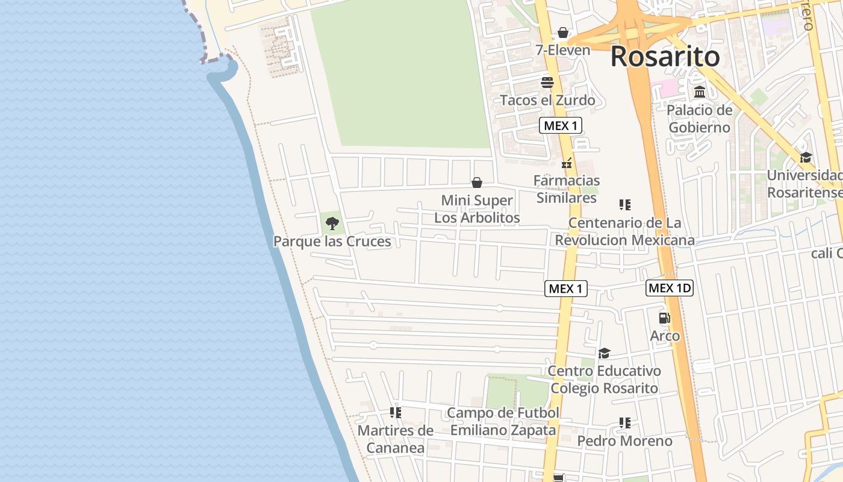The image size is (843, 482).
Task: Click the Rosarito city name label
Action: click(665, 57)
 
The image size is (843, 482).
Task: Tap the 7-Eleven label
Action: click(563, 50)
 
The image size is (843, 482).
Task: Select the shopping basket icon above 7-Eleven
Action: click(563, 33)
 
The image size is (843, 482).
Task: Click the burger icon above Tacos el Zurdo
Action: click(547, 83)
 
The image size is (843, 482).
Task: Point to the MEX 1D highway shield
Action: click(670, 288)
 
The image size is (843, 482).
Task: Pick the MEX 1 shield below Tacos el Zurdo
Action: click(560, 125)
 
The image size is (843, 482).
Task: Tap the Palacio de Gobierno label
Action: click(699, 119)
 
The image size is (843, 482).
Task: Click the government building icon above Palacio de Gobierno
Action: click(700, 92)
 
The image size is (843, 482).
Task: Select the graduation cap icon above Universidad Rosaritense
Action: click(806, 158)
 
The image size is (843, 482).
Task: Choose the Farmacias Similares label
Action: click(567, 189)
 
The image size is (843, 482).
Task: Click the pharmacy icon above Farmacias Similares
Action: click(567, 163)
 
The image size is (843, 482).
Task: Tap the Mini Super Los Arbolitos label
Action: click(477, 208)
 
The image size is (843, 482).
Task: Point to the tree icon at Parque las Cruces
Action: click(332, 224)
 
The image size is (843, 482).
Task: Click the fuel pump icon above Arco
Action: click(665, 318)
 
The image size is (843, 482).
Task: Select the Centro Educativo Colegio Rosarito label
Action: click(604, 379)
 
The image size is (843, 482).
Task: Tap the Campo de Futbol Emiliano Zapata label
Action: click(503, 421)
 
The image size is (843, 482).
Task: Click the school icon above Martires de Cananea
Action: click(396, 413)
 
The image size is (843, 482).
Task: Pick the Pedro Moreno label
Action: click(624, 441)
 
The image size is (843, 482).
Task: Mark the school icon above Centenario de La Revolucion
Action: click(625, 205)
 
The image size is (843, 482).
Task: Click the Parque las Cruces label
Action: click(332, 242)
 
